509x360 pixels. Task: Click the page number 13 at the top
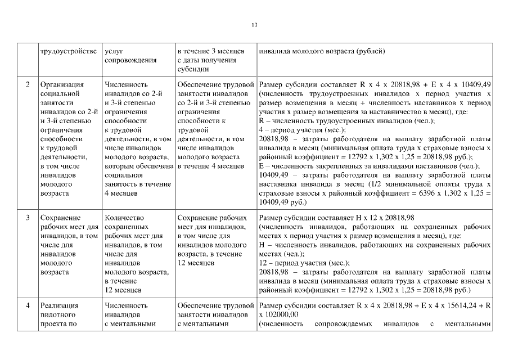coord(254,25)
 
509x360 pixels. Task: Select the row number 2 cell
coord(28,85)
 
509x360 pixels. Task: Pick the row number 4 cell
coord(28,305)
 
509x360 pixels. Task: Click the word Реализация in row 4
coord(60,305)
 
